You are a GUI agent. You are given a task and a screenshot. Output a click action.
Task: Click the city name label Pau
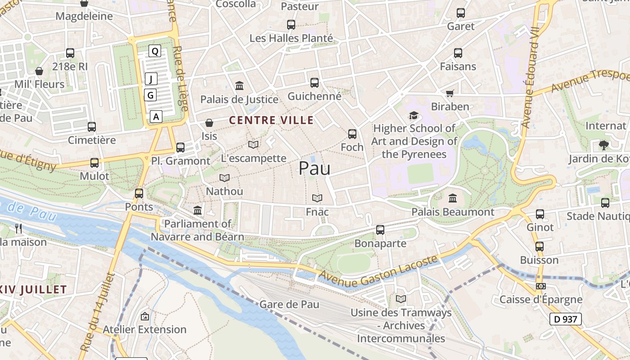point(315,168)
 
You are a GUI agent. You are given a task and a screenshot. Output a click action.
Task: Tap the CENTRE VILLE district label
point(271,120)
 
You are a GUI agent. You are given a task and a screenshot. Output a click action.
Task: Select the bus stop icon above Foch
point(352,134)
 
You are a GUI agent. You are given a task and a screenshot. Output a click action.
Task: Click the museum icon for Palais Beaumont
point(453,198)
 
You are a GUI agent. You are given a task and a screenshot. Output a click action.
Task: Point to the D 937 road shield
point(566,319)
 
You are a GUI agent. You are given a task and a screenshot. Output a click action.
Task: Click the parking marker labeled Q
point(155,51)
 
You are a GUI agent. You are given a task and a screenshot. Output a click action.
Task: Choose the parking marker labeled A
point(156,117)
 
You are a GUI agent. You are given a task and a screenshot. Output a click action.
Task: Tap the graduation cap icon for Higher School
point(414,116)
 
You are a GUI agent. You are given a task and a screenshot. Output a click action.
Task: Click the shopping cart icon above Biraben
point(450,93)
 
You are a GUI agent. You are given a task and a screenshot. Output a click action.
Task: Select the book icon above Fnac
point(317,198)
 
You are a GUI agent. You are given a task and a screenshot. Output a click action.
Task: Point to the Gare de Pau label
point(289,305)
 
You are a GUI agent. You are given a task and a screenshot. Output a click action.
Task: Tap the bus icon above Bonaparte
point(380,230)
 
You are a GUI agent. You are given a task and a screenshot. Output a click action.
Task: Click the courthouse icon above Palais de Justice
point(239,85)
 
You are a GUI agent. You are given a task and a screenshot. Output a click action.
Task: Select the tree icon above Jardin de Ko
point(603,145)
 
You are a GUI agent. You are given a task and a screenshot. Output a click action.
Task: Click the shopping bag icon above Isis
point(209,122)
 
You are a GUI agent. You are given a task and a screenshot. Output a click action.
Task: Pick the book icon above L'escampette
point(253,144)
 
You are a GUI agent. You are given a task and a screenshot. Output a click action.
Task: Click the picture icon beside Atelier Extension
point(144,316)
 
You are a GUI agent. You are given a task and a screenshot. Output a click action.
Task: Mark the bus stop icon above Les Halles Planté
point(291,25)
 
